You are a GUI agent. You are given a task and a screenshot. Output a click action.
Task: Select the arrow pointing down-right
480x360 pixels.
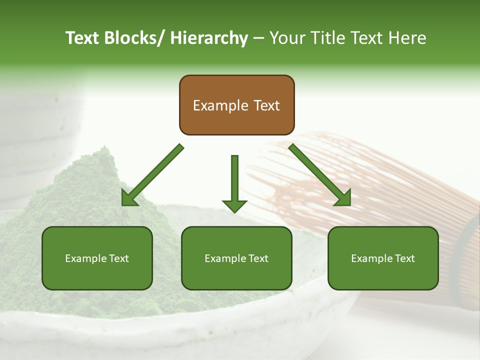(320, 175)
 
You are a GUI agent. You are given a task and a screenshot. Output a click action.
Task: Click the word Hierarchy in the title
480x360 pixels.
(208, 38)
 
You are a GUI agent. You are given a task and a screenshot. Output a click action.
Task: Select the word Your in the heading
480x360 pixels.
(286, 38)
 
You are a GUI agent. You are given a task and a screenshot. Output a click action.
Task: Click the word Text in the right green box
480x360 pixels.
(404, 258)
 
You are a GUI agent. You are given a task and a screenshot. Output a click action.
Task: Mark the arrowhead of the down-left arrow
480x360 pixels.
(129, 199)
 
